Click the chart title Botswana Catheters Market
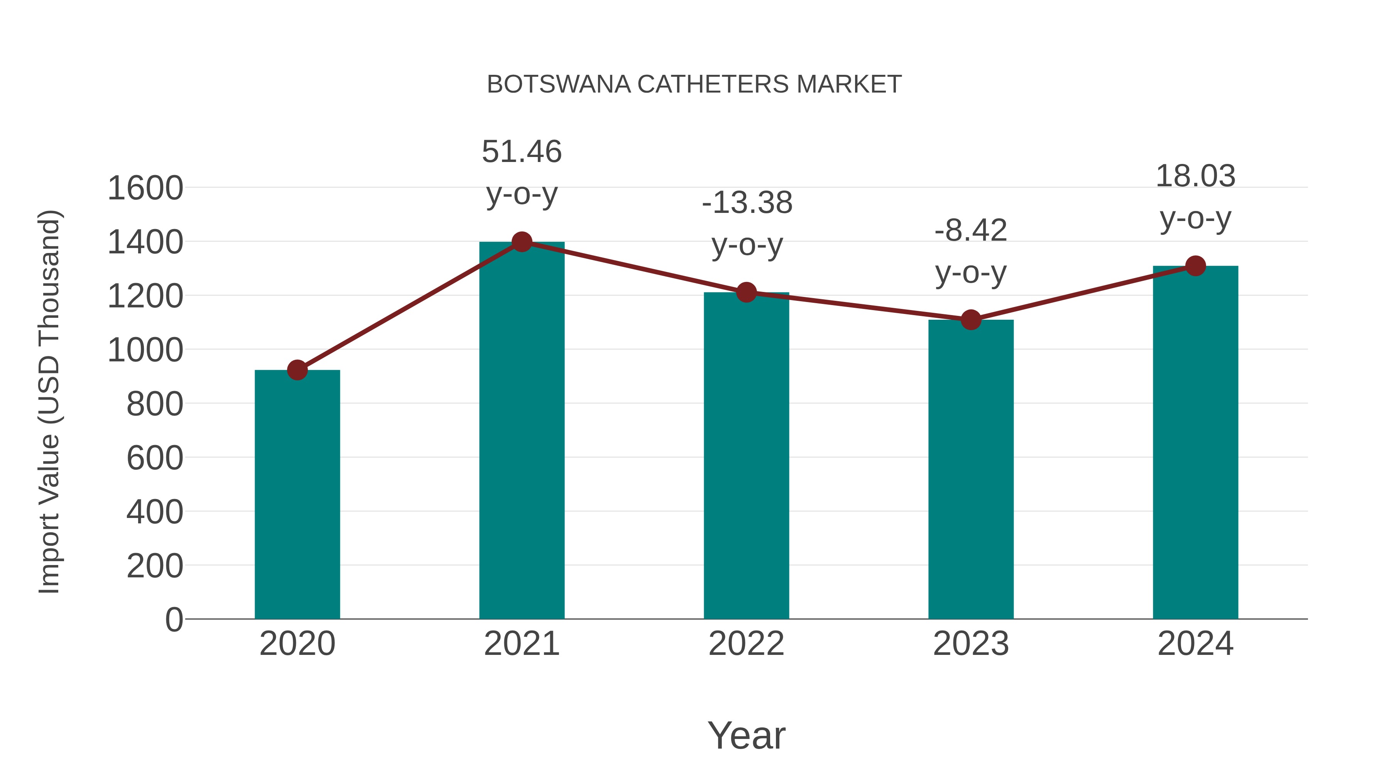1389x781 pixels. (694, 84)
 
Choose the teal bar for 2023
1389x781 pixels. (971, 469)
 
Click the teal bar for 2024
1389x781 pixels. (1195, 442)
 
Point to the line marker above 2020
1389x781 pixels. (297, 370)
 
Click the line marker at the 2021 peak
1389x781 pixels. (521, 242)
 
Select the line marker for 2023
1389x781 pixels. (971, 320)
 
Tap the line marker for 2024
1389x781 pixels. (1195, 266)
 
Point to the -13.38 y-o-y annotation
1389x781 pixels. (747, 223)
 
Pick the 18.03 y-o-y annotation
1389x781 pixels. (1195, 197)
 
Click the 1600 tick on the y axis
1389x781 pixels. (145, 188)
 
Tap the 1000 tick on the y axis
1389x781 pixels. (145, 350)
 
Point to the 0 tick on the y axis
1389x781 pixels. (174, 619)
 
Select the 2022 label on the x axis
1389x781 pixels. (746, 644)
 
